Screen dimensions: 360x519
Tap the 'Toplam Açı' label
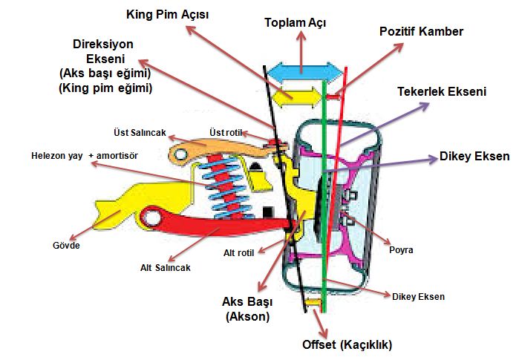pyautogui.click(x=295, y=22)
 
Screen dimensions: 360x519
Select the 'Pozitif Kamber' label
pyautogui.click(x=421, y=32)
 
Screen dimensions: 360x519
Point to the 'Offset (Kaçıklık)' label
pyautogui.click(x=347, y=344)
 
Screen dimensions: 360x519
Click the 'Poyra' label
pyautogui.click(x=401, y=250)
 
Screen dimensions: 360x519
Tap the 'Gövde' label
pyautogui.click(x=66, y=245)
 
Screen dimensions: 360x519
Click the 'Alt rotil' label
pyautogui.click(x=239, y=253)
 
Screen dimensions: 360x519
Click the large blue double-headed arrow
pyautogui.click(x=304, y=71)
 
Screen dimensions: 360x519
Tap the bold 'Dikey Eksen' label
pyautogui.click(x=474, y=157)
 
